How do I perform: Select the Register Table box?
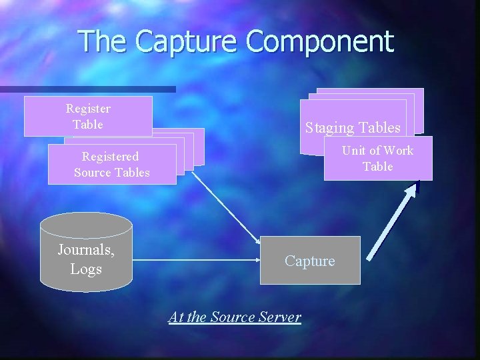88,116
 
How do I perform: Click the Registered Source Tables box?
111,165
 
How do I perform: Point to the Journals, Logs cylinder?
86,253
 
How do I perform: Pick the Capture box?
310,260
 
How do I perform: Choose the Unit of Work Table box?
378,159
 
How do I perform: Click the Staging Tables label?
353,127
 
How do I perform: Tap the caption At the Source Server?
235,317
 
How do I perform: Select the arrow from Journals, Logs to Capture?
193,261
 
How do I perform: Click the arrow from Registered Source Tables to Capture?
227,207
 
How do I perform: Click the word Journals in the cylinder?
86,251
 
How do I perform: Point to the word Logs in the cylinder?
86,269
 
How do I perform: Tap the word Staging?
329,127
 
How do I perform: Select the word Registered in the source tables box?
110,157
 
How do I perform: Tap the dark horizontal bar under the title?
87,89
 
